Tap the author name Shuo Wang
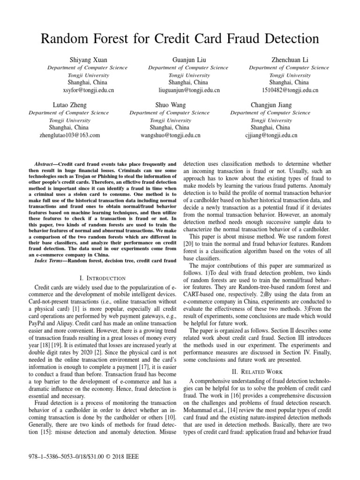170,105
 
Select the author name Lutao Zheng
69,105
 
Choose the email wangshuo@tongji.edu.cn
170,135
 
